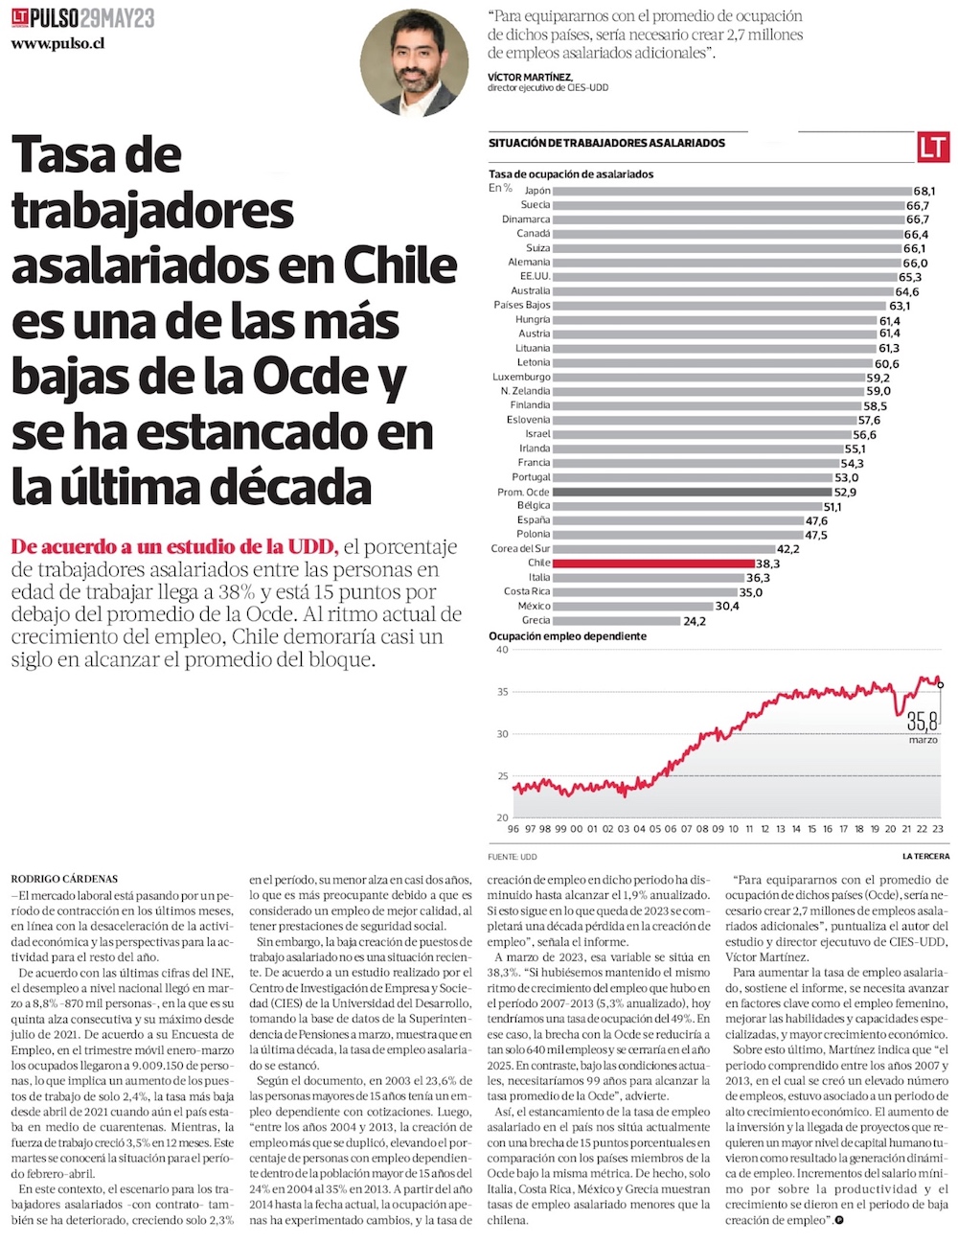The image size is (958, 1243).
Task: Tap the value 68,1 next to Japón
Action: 924,191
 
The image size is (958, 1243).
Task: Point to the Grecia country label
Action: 536,620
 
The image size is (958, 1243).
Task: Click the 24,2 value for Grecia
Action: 695,621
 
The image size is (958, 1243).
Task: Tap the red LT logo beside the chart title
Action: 932,147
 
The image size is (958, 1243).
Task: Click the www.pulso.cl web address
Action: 59,44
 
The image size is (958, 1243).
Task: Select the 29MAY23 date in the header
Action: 117,17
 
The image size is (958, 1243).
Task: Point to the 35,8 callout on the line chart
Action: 923,721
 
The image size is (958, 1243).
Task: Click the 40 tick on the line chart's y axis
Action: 502,650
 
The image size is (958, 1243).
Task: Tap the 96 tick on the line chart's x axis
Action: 513,829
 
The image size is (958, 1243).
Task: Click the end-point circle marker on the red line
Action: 941,684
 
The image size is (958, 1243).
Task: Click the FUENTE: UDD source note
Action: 513,856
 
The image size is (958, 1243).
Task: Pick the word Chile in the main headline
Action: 387,265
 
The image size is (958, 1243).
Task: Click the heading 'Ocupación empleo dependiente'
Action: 567,636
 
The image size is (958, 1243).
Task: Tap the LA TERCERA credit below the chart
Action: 925,856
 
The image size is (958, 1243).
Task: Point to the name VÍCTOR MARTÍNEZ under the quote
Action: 530,77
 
